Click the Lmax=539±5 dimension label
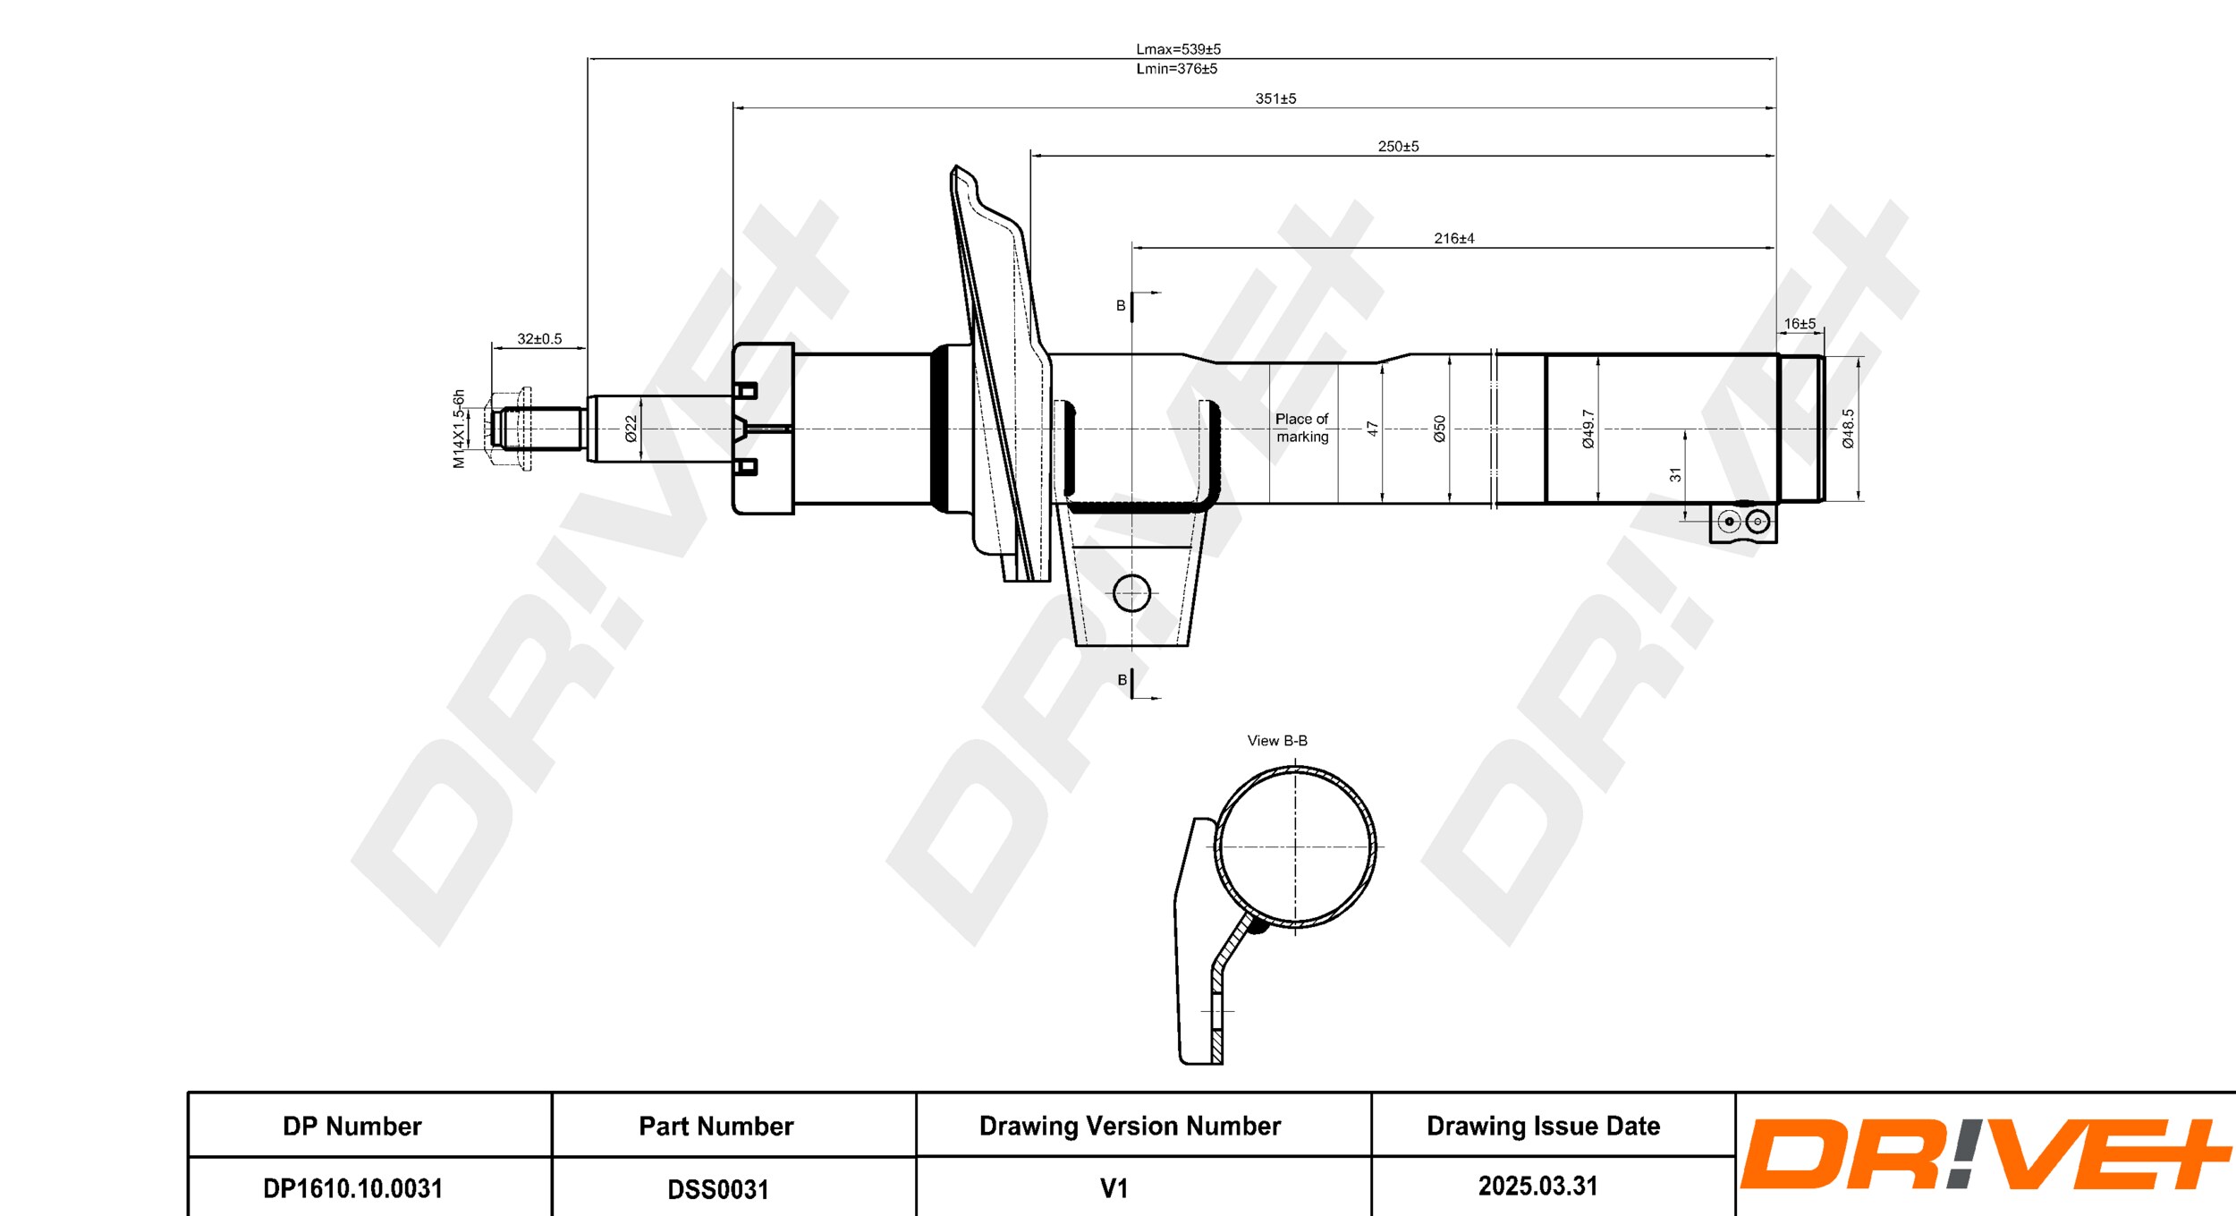coord(1178,49)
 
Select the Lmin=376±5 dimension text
coord(1176,68)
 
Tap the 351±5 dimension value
coord(1275,98)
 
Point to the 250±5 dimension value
coord(1398,146)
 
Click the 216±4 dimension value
coord(1454,238)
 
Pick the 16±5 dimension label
coord(1800,323)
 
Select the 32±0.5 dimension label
coord(539,338)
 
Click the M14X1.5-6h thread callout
coord(459,429)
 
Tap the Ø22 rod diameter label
coord(631,429)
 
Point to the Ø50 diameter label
coord(1439,429)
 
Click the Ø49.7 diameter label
coord(1588,429)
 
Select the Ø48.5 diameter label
coord(1848,429)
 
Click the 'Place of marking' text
coord(1302,428)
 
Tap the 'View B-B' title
coord(1277,741)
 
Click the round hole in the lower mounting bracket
coord(1131,592)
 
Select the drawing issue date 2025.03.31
coord(1537,1186)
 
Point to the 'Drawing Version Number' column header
coord(1130,1126)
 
